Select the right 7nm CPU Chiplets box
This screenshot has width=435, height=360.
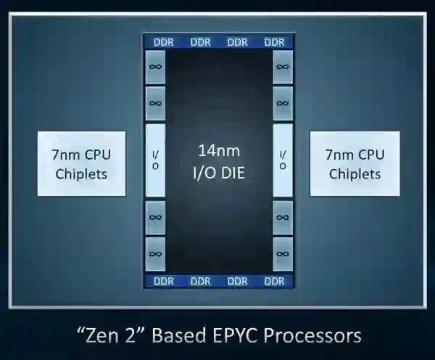click(355, 163)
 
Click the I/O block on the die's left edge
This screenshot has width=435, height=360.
click(155, 160)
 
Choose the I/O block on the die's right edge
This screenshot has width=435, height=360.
click(282, 160)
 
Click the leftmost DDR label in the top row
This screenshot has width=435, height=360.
click(163, 42)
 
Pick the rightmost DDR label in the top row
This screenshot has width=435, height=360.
click(274, 42)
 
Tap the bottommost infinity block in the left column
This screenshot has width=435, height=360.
click(155, 253)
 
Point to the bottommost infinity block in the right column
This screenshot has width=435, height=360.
click(282, 253)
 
